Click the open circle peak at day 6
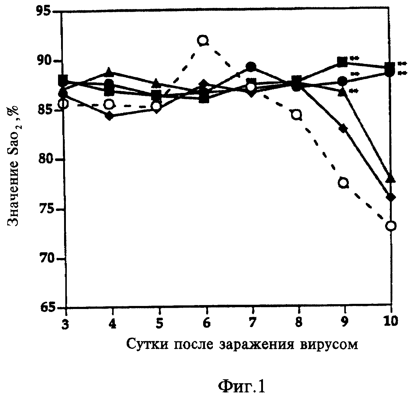point(203,40)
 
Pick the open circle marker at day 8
point(297,115)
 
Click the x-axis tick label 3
point(65,322)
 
